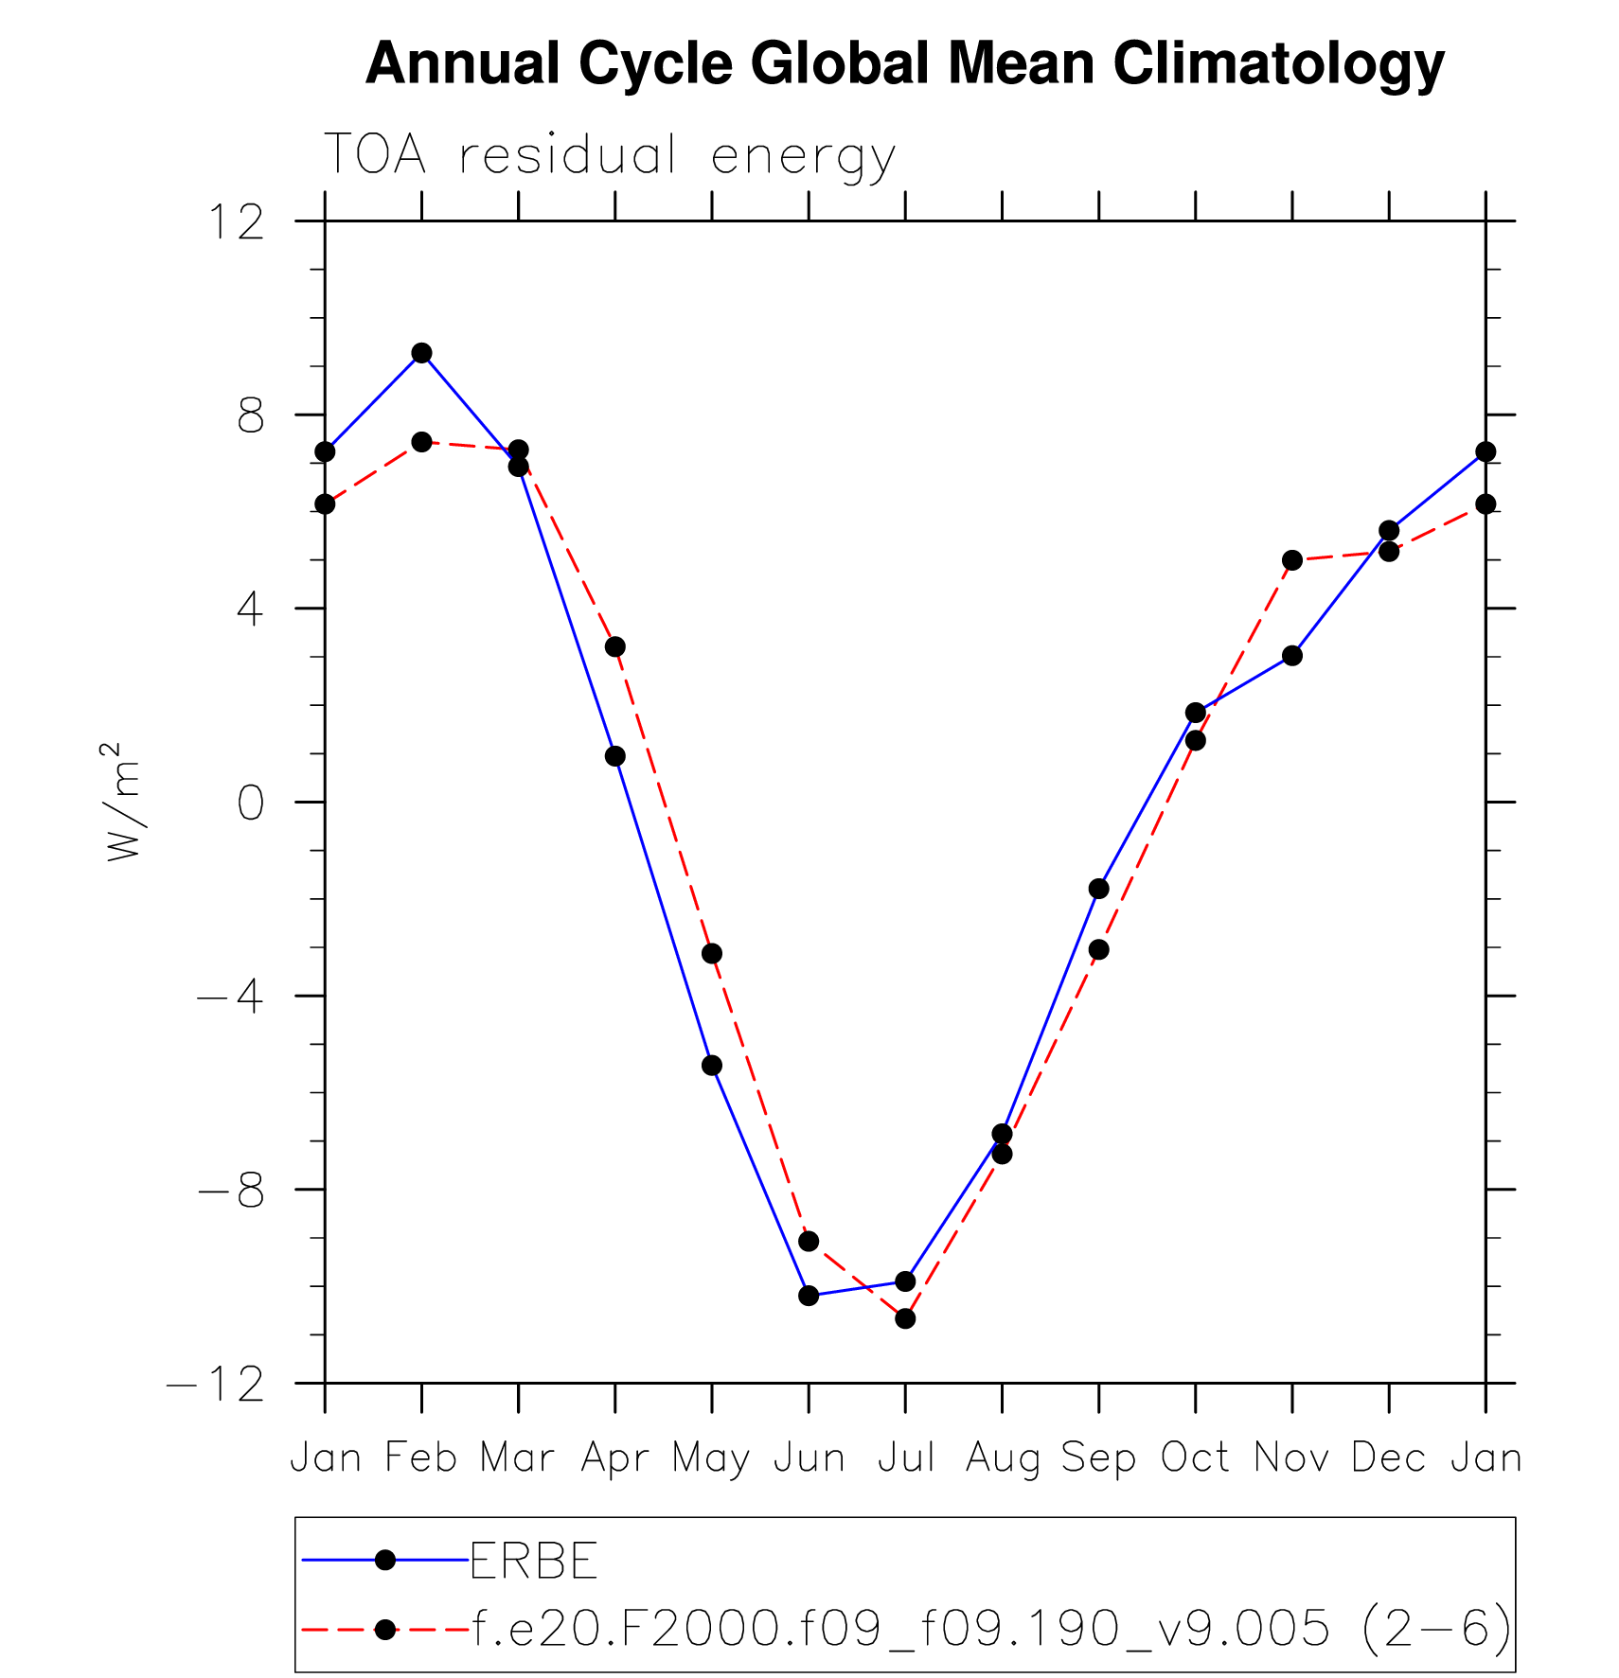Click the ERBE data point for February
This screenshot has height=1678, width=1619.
coord(421,353)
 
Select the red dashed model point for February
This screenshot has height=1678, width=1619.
coord(421,442)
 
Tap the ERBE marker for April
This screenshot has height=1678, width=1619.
coord(615,756)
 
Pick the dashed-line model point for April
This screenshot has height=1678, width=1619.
coord(615,647)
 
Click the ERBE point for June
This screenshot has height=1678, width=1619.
coord(809,1296)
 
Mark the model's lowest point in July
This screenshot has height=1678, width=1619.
coord(905,1318)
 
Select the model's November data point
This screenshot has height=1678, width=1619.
coord(1292,560)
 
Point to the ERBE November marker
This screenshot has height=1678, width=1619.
coord(1292,656)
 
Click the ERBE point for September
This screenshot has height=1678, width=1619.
coord(1098,889)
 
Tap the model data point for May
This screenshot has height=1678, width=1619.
coord(712,953)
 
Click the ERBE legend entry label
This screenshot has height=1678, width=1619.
coord(534,1561)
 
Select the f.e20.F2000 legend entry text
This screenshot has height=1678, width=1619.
coord(990,1629)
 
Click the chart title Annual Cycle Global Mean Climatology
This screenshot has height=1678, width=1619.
coord(904,63)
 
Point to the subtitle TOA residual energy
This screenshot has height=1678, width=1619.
coord(610,156)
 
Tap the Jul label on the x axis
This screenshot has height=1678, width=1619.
coord(906,1458)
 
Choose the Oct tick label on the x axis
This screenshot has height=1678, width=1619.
coord(1195,1458)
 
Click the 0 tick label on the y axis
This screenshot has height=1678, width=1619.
coord(251,804)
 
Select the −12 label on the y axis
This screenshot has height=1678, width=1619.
coord(215,1385)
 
